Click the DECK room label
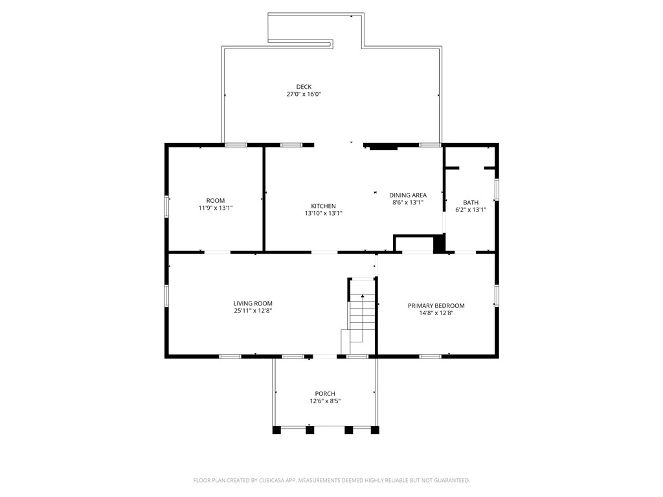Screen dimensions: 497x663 (304, 87)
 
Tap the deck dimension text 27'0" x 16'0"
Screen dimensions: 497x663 (304, 94)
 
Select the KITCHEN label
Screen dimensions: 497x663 (323, 206)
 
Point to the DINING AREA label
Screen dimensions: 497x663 (407, 195)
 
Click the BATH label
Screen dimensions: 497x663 (471, 202)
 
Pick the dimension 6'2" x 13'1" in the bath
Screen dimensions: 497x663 (471, 210)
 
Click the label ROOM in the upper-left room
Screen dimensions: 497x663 (216, 201)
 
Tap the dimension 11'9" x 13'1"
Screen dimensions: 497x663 (216, 208)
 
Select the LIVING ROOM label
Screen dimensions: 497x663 (253, 303)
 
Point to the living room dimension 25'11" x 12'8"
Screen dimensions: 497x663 (253, 311)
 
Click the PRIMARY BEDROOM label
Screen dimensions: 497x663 (436, 305)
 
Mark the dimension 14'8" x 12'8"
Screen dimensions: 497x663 (436, 313)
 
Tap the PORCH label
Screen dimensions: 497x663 (325, 393)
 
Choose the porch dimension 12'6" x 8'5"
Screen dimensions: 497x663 (325, 401)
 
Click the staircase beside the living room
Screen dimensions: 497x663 (363, 314)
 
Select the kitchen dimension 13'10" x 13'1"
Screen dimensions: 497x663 (323, 214)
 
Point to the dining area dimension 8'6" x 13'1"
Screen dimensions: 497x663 (407, 203)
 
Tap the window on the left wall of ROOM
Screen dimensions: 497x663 (167, 206)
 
